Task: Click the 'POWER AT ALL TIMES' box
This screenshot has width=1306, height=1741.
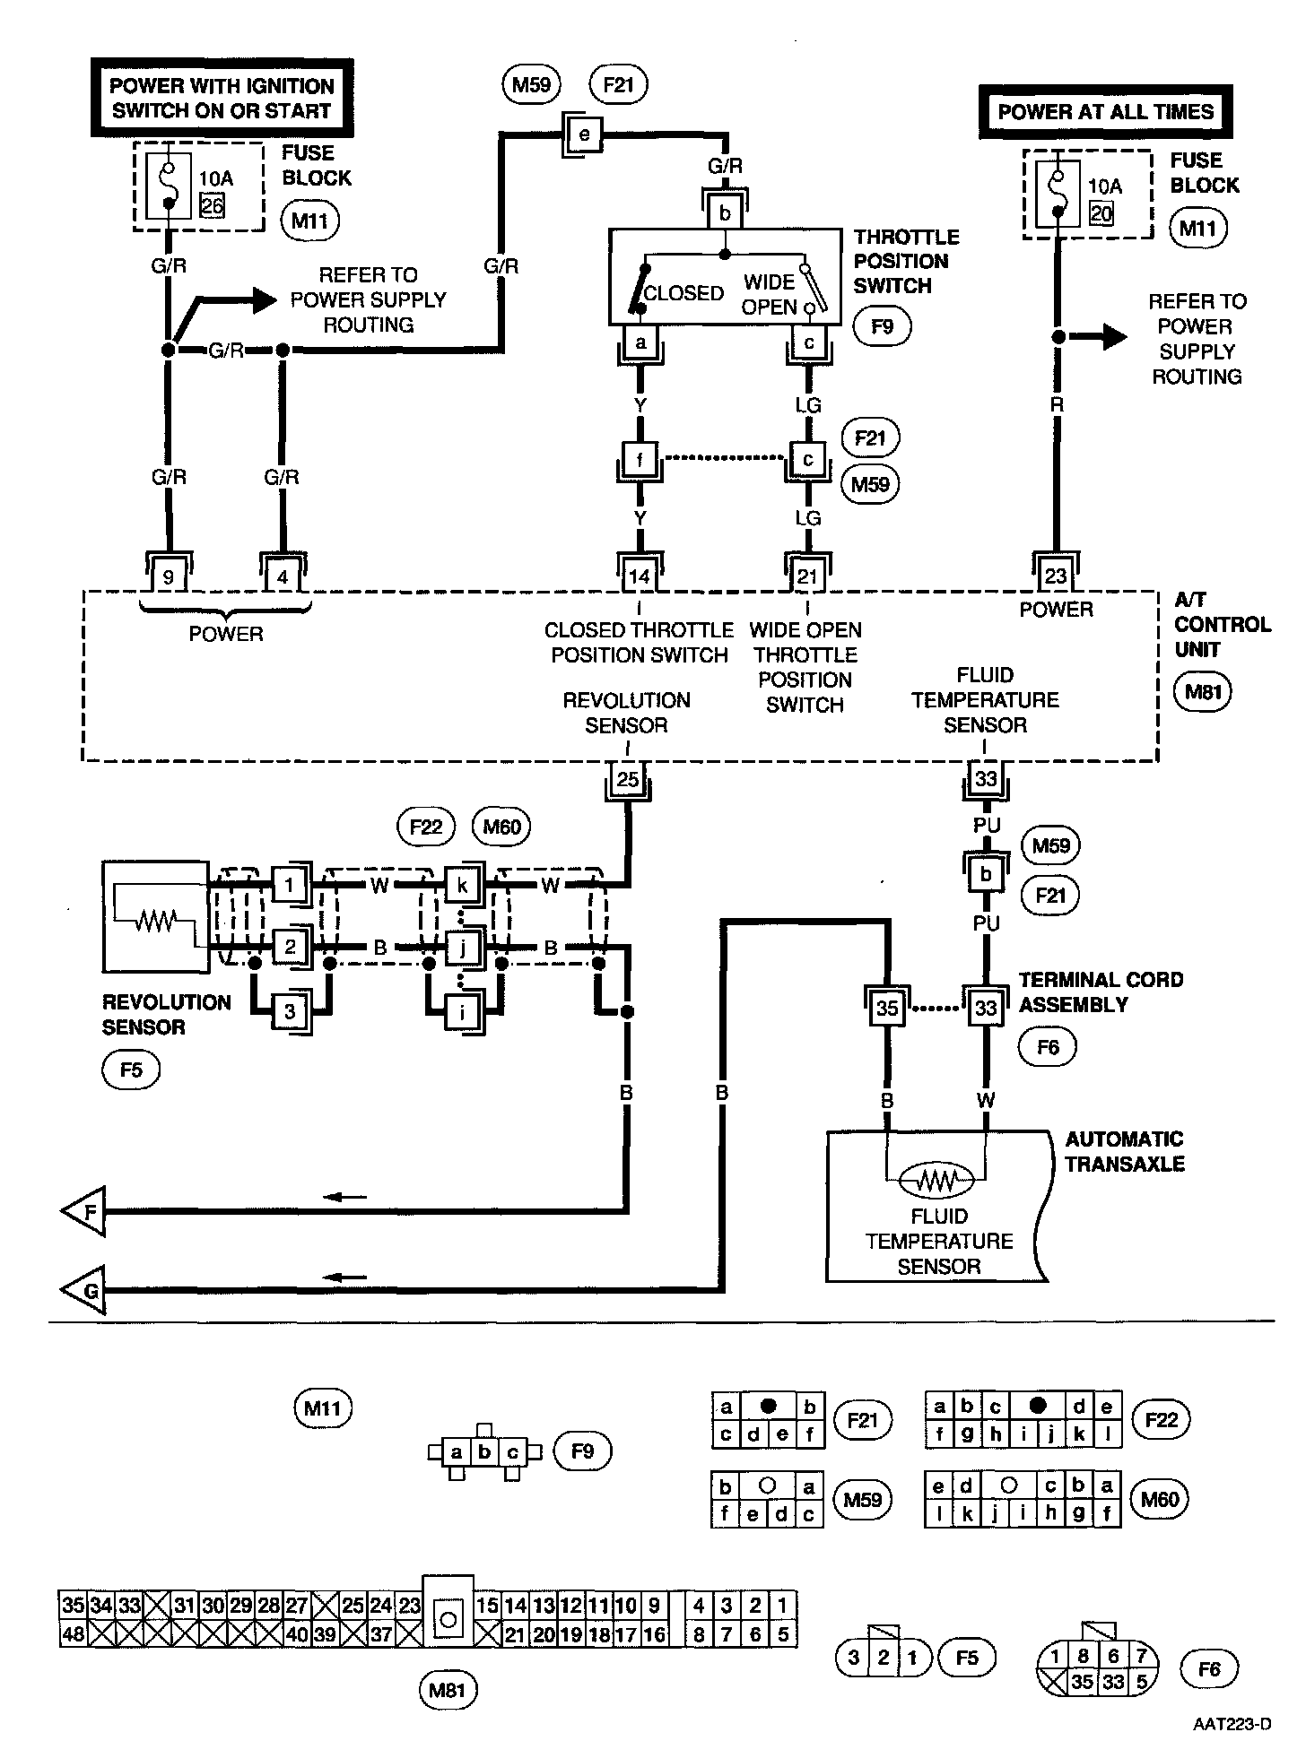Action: (x=1105, y=112)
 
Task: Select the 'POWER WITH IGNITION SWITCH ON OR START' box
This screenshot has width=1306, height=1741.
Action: (x=222, y=99)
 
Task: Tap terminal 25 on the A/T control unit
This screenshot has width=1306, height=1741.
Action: (x=628, y=779)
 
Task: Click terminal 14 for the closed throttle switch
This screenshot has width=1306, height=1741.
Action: (x=639, y=576)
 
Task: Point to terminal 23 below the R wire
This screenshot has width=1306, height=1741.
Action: (x=1056, y=575)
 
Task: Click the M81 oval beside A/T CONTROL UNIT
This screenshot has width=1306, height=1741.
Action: (x=1203, y=692)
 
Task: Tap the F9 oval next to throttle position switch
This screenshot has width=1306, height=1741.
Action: (x=882, y=326)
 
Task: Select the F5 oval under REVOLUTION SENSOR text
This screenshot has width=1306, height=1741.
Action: (x=131, y=1070)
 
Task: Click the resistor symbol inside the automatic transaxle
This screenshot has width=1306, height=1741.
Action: (x=936, y=1182)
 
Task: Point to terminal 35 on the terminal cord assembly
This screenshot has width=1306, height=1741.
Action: (x=886, y=1008)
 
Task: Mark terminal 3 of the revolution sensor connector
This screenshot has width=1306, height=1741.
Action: (x=290, y=1012)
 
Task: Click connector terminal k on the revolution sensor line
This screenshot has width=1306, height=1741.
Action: (x=463, y=886)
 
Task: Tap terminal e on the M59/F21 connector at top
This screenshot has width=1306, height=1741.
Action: (x=585, y=135)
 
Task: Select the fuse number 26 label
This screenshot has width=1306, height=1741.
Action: (x=213, y=205)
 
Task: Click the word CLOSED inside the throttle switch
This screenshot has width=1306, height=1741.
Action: (x=683, y=294)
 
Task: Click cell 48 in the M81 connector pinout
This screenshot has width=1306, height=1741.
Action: (x=73, y=1634)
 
